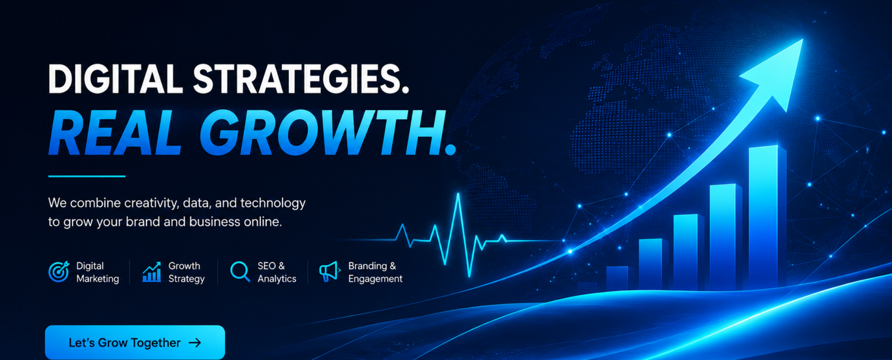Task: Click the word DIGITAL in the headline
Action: point(115,79)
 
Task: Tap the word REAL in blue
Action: point(115,132)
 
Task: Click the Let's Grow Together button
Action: point(135,342)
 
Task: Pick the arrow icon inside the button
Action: point(195,343)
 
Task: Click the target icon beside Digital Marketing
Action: point(59,271)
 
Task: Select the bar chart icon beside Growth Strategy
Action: point(152,271)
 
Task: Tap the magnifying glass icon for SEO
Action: point(240,271)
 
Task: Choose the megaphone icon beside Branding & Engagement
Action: point(329,271)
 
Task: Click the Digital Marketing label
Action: point(98,273)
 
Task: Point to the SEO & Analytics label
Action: point(277,273)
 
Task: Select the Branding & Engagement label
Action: point(375,273)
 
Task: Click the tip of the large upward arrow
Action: point(802,40)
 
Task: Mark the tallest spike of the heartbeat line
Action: point(458,194)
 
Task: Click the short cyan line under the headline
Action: point(87,176)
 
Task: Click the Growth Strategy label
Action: point(186,273)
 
